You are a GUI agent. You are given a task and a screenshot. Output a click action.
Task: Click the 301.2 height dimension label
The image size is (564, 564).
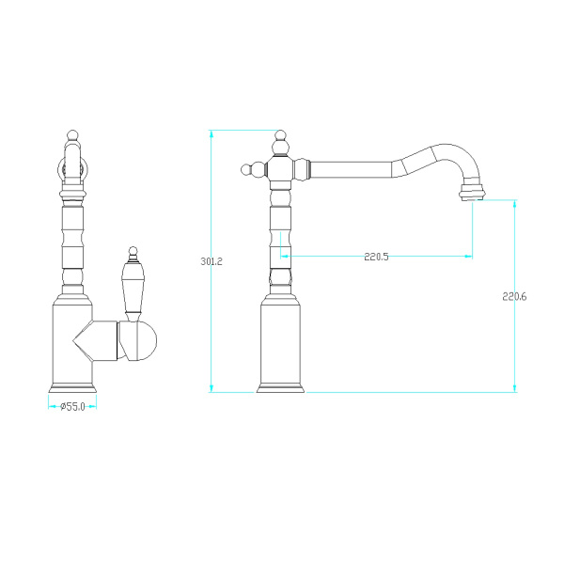(211, 261)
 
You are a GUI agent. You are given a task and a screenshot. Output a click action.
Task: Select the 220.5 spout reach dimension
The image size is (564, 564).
(376, 257)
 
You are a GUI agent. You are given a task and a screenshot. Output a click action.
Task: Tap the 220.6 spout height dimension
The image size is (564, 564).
(514, 297)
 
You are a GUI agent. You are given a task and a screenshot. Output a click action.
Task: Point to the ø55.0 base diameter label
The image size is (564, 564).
(73, 407)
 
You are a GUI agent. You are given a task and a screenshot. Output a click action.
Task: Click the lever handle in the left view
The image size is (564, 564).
(133, 284)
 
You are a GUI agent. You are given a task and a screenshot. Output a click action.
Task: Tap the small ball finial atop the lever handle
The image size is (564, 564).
(133, 250)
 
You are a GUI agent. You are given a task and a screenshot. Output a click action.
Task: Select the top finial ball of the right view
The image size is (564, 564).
(280, 135)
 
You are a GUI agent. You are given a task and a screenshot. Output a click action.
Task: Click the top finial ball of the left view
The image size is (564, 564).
(72, 134)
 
